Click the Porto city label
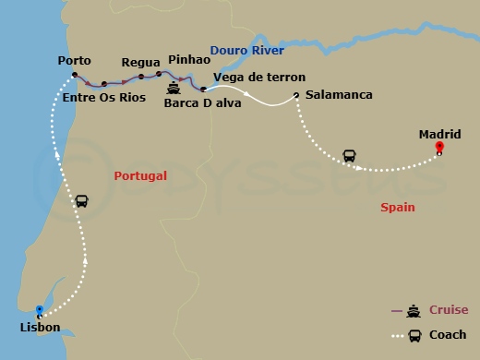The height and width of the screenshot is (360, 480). (73, 61)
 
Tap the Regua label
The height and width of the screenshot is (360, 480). (141, 63)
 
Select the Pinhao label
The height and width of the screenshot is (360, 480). (190, 58)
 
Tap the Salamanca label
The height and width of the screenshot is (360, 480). (338, 95)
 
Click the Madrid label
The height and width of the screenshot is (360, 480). (439, 134)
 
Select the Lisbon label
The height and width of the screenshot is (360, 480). (40, 328)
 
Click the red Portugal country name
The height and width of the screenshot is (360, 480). (139, 175)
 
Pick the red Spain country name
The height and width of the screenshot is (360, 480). (398, 208)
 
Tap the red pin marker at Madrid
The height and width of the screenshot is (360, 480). (439, 147)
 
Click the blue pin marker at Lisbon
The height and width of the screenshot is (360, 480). (39, 310)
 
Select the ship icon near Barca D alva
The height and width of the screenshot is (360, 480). (174, 90)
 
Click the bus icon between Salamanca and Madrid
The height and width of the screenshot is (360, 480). (350, 155)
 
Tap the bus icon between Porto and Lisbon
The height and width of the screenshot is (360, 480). (82, 200)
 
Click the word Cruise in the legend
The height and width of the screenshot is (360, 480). (449, 310)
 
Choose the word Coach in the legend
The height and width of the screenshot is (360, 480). (448, 335)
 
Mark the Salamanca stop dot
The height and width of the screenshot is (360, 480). (295, 95)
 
